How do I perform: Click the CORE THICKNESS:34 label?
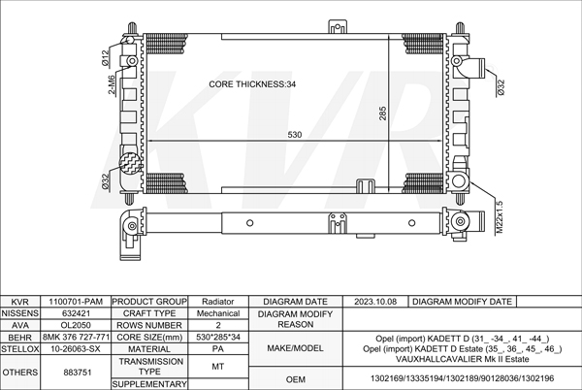pyautogui.click(x=252, y=84)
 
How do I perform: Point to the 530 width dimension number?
pyautogui.click(x=295, y=135)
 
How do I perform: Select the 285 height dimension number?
pyautogui.click(x=383, y=114)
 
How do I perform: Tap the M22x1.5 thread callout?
pyautogui.click(x=500, y=217)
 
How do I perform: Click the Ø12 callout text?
pyautogui.click(x=106, y=58)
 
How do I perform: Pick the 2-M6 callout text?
pyautogui.click(x=112, y=85)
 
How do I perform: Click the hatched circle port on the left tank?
pyautogui.click(x=130, y=163)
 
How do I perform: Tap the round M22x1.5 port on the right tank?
pyautogui.click(x=459, y=181)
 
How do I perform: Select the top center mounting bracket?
pyautogui.click(x=338, y=27)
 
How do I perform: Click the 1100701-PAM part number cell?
pyautogui.click(x=76, y=302)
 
